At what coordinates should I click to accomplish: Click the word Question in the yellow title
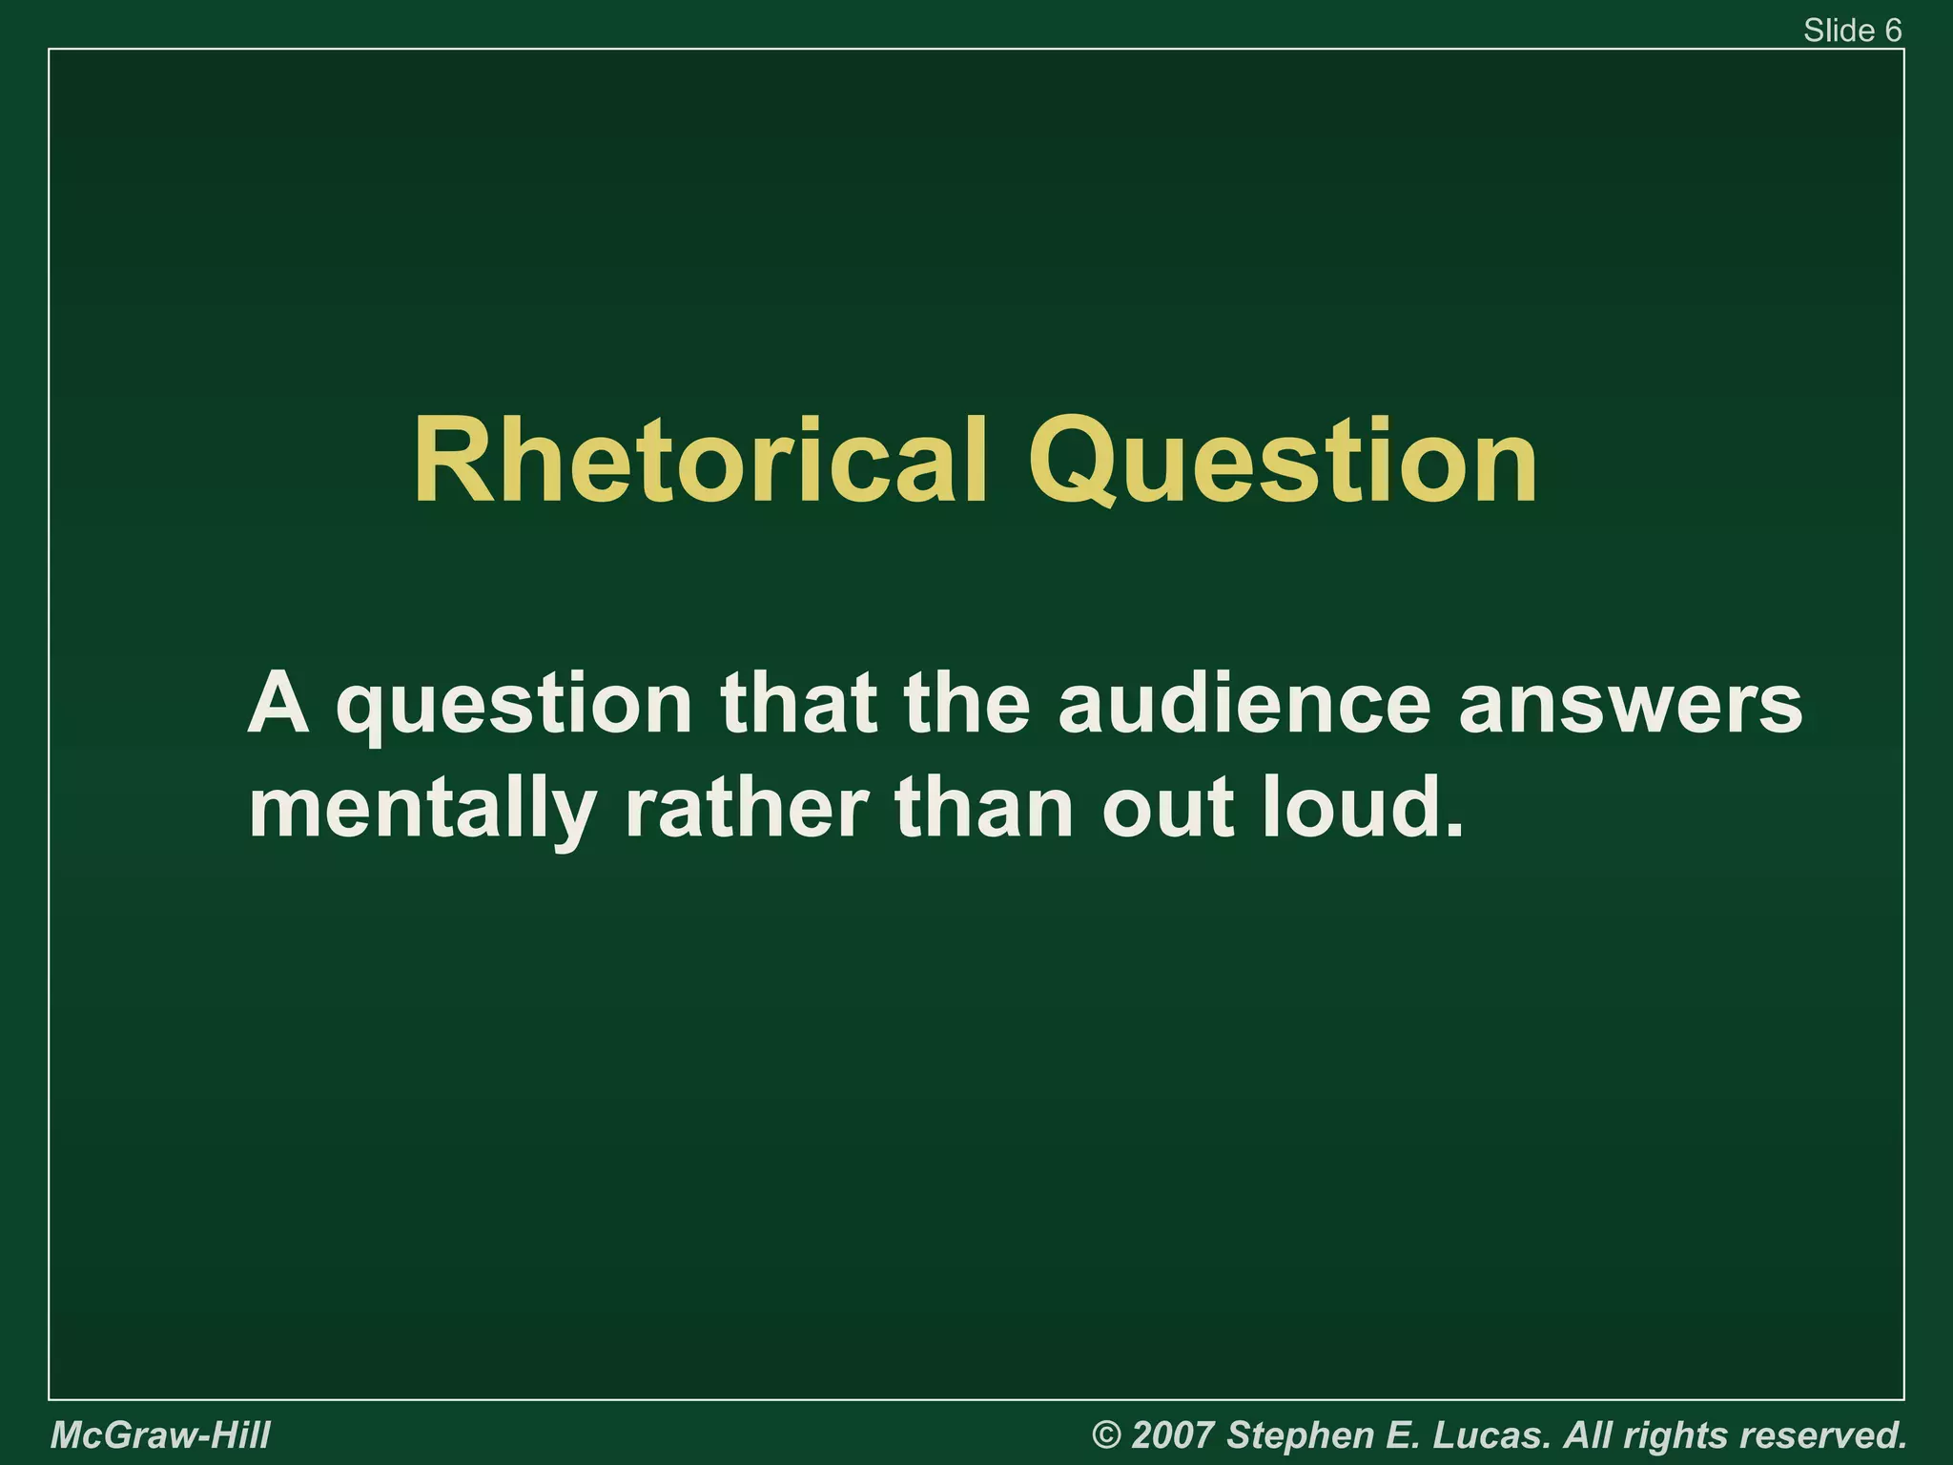point(1283,461)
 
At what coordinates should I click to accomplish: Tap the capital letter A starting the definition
point(278,703)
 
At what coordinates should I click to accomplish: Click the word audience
point(1244,703)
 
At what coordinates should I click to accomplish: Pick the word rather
point(745,808)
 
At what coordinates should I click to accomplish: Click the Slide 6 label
point(1852,31)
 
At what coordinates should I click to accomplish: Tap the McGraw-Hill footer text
point(160,1434)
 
